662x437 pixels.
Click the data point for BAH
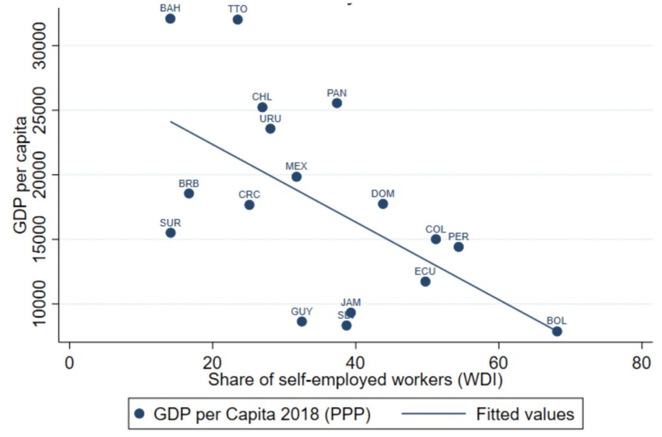tap(170, 19)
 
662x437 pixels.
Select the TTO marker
tap(237, 19)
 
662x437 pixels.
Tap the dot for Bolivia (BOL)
tap(557, 331)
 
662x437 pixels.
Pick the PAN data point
tap(337, 103)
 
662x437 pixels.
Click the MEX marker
tap(296, 177)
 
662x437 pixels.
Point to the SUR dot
tap(171, 233)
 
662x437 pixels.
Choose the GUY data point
tap(302, 321)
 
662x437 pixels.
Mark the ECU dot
tap(425, 281)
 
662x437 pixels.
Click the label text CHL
tap(262, 97)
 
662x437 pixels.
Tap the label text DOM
tap(383, 194)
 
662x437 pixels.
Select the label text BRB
tap(189, 183)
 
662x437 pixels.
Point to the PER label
tap(458, 237)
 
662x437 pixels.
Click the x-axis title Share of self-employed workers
tap(355, 381)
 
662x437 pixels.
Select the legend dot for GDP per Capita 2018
tap(139, 414)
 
